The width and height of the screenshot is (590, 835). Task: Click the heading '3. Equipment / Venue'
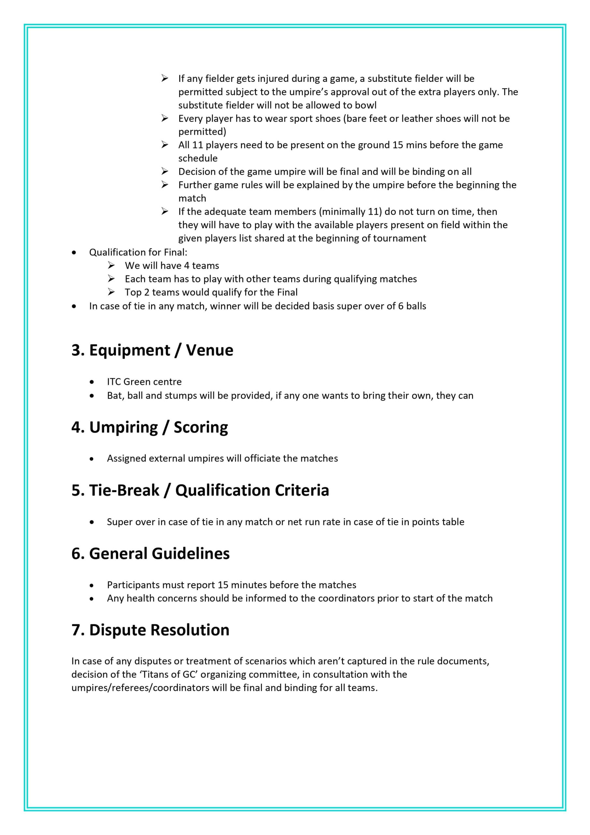[152, 350]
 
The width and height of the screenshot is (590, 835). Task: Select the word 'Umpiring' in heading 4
[124, 427]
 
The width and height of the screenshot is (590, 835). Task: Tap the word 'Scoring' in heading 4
[201, 427]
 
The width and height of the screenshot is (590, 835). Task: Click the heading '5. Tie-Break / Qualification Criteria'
[200, 490]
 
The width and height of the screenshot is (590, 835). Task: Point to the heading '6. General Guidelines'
[151, 554]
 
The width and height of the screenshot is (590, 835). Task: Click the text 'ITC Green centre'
[144, 382]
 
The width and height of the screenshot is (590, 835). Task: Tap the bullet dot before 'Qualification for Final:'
[74, 252]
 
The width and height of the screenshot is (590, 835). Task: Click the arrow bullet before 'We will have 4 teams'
[111, 266]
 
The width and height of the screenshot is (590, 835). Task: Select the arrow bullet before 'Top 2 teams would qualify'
[111, 292]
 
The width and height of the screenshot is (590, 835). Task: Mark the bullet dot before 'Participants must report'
[92, 585]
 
